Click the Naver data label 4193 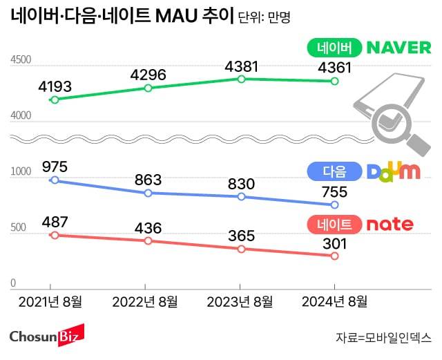(56, 87)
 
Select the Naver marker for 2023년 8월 (241, 79)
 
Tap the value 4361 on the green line (334, 68)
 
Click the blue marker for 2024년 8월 (335, 205)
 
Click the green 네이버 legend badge (334, 48)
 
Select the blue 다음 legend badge (334, 171)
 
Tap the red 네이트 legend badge (334, 224)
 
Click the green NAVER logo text (398, 48)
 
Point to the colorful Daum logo (392, 171)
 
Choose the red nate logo (390, 224)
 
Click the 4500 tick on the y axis (21, 61)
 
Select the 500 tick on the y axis (17, 229)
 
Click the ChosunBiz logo (46, 337)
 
